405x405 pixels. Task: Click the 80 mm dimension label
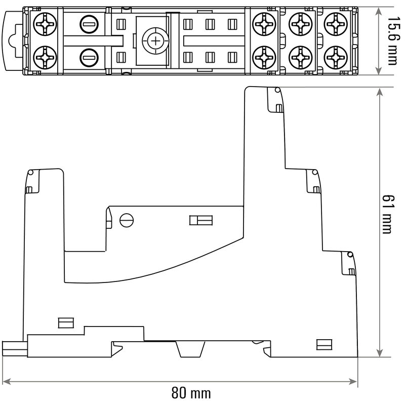pos(191,393)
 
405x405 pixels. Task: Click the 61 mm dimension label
pos(387,214)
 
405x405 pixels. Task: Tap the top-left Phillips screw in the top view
pos(45,24)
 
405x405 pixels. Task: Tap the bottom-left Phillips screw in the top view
pos(45,58)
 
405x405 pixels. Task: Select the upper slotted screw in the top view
pos(89,24)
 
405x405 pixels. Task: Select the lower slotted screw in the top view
pos(89,58)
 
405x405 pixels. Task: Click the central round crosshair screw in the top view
pos(155,41)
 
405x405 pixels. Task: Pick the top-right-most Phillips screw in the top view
pos(336,24)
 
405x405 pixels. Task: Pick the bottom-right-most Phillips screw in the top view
pos(336,58)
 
